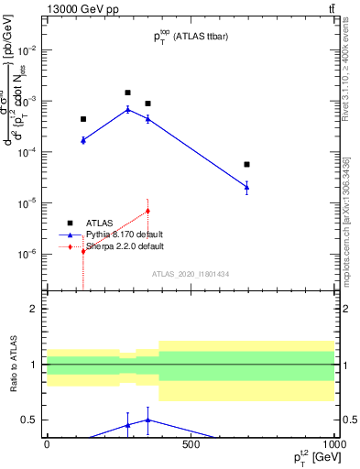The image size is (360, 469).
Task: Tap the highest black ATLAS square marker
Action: coord(127,93)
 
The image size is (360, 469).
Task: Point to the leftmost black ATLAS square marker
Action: coord(83,119)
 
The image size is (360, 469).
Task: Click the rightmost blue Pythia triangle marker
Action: coord(247,187)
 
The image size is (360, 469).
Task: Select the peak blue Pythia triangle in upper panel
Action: coord(127,109)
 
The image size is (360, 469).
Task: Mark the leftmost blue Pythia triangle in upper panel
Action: coord(83,140)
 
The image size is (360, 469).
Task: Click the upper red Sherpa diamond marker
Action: coord(147,211)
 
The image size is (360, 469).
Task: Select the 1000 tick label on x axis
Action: coord(333,444)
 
